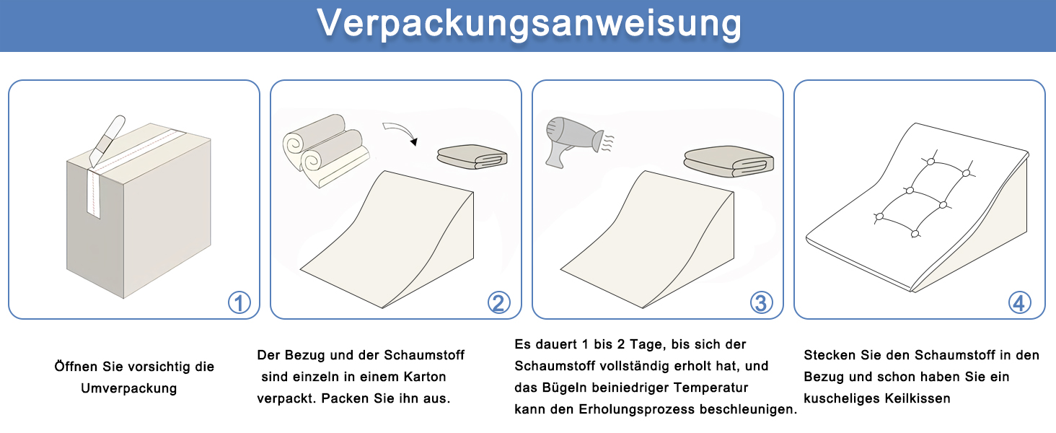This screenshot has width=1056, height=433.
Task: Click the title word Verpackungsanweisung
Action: tap(529, 24)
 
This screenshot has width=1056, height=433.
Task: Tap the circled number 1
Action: tap(239, 302)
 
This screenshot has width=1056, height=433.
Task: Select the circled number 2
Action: tap(498, 302)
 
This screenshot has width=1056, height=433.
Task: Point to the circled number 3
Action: tap(762, 302)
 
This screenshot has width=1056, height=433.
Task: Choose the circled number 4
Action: tap(1020, 302)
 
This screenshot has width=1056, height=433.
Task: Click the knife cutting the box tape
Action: tap(107, 141)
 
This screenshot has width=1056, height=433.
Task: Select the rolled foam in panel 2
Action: tap(325, 150)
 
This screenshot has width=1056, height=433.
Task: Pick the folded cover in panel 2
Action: tap(472, 157)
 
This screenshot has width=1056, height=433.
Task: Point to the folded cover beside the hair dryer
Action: tap(729, 162)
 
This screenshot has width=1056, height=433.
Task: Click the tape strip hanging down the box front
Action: tap(94, 193)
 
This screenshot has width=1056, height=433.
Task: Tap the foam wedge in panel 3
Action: tap(647, 239)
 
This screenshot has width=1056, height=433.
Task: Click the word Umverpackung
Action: tap(128, 388)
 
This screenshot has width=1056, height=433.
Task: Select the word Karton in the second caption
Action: tap(425, 377)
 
